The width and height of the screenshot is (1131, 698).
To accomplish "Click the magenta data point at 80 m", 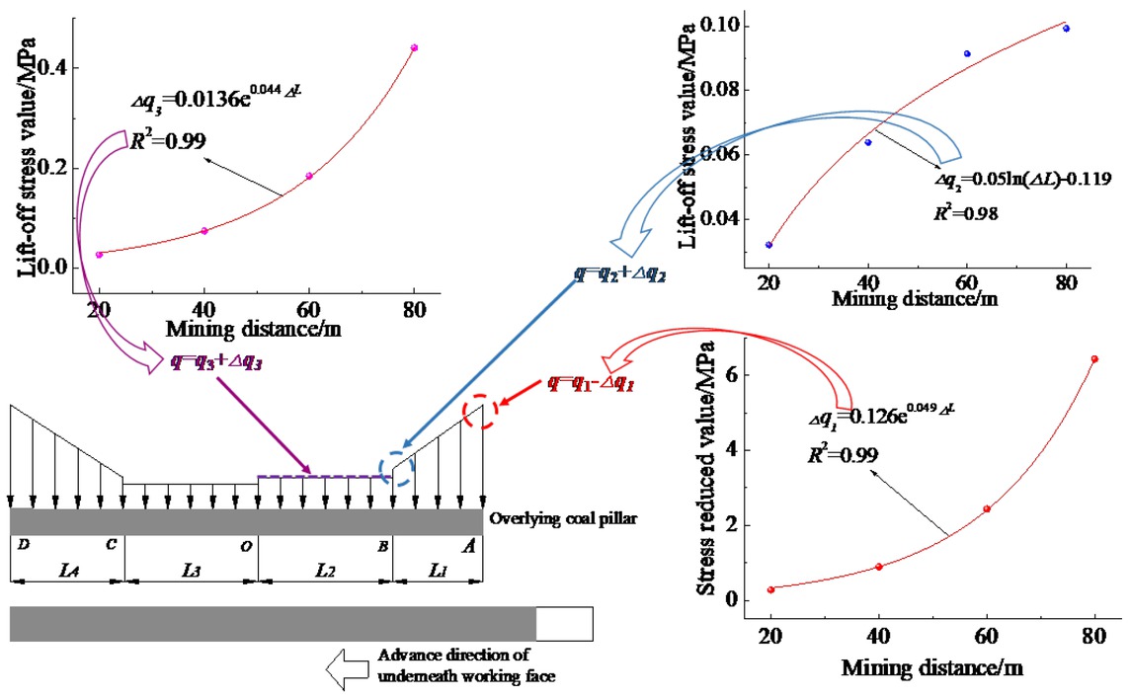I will tap(414, 47).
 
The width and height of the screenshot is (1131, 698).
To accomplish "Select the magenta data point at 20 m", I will tap(99, 255).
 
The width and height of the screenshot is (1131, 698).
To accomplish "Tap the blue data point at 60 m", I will tap(967, 53).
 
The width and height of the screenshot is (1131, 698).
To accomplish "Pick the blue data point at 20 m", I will tap(768, 245).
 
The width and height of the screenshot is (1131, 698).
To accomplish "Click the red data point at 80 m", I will tap(1093, 359).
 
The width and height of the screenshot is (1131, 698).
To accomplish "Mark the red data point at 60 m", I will tap(987, 509).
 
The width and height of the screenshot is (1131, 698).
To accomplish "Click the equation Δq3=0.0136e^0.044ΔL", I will tap(207, 101).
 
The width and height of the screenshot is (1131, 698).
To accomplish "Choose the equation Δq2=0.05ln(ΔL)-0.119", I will tap(1024, 180).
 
